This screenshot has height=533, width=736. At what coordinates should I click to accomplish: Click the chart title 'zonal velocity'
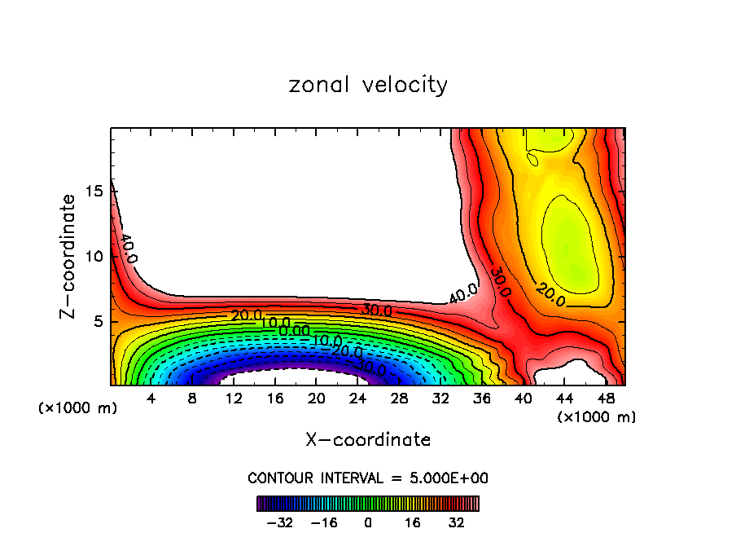click(x=368, y=85)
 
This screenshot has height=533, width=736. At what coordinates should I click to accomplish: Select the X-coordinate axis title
click(x=368, y=440)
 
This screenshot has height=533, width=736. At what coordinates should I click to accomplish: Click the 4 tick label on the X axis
click(x=151, y=398)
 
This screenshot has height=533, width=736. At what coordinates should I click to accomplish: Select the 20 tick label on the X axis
click(x=317, y=398)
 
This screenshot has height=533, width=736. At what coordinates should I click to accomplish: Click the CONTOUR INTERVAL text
click(x=368, y=478)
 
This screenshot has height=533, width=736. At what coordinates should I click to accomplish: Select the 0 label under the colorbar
click(x=368, y=522)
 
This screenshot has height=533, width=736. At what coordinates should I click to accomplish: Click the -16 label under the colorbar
click(x=323, y=522)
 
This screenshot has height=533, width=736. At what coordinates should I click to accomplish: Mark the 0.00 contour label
click(x=294, y=331)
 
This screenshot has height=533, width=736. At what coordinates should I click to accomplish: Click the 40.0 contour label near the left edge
click(x=128, y=249)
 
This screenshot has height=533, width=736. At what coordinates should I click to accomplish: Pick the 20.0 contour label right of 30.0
click(x=550, y=294)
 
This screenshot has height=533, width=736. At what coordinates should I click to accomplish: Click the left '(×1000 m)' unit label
click(x=78, y=407)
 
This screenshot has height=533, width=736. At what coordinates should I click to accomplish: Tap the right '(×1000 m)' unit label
click(x=597, y=416)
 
